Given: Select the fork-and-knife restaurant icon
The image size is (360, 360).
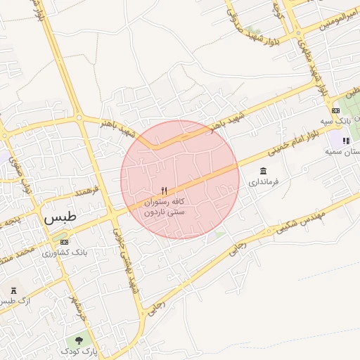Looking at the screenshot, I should coord(165,191).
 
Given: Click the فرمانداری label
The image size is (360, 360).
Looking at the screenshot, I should coord(264,182).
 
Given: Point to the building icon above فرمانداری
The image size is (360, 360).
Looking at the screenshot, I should coord(263,172).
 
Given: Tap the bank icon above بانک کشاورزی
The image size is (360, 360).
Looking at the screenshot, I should coord(65,242).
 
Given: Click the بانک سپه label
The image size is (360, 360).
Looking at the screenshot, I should coord(335,121).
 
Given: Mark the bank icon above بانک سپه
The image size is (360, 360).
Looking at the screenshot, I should coord(335,110).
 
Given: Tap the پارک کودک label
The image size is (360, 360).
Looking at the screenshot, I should coord(77,350).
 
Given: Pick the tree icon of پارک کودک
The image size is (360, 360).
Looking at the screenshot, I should coord(78,340).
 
